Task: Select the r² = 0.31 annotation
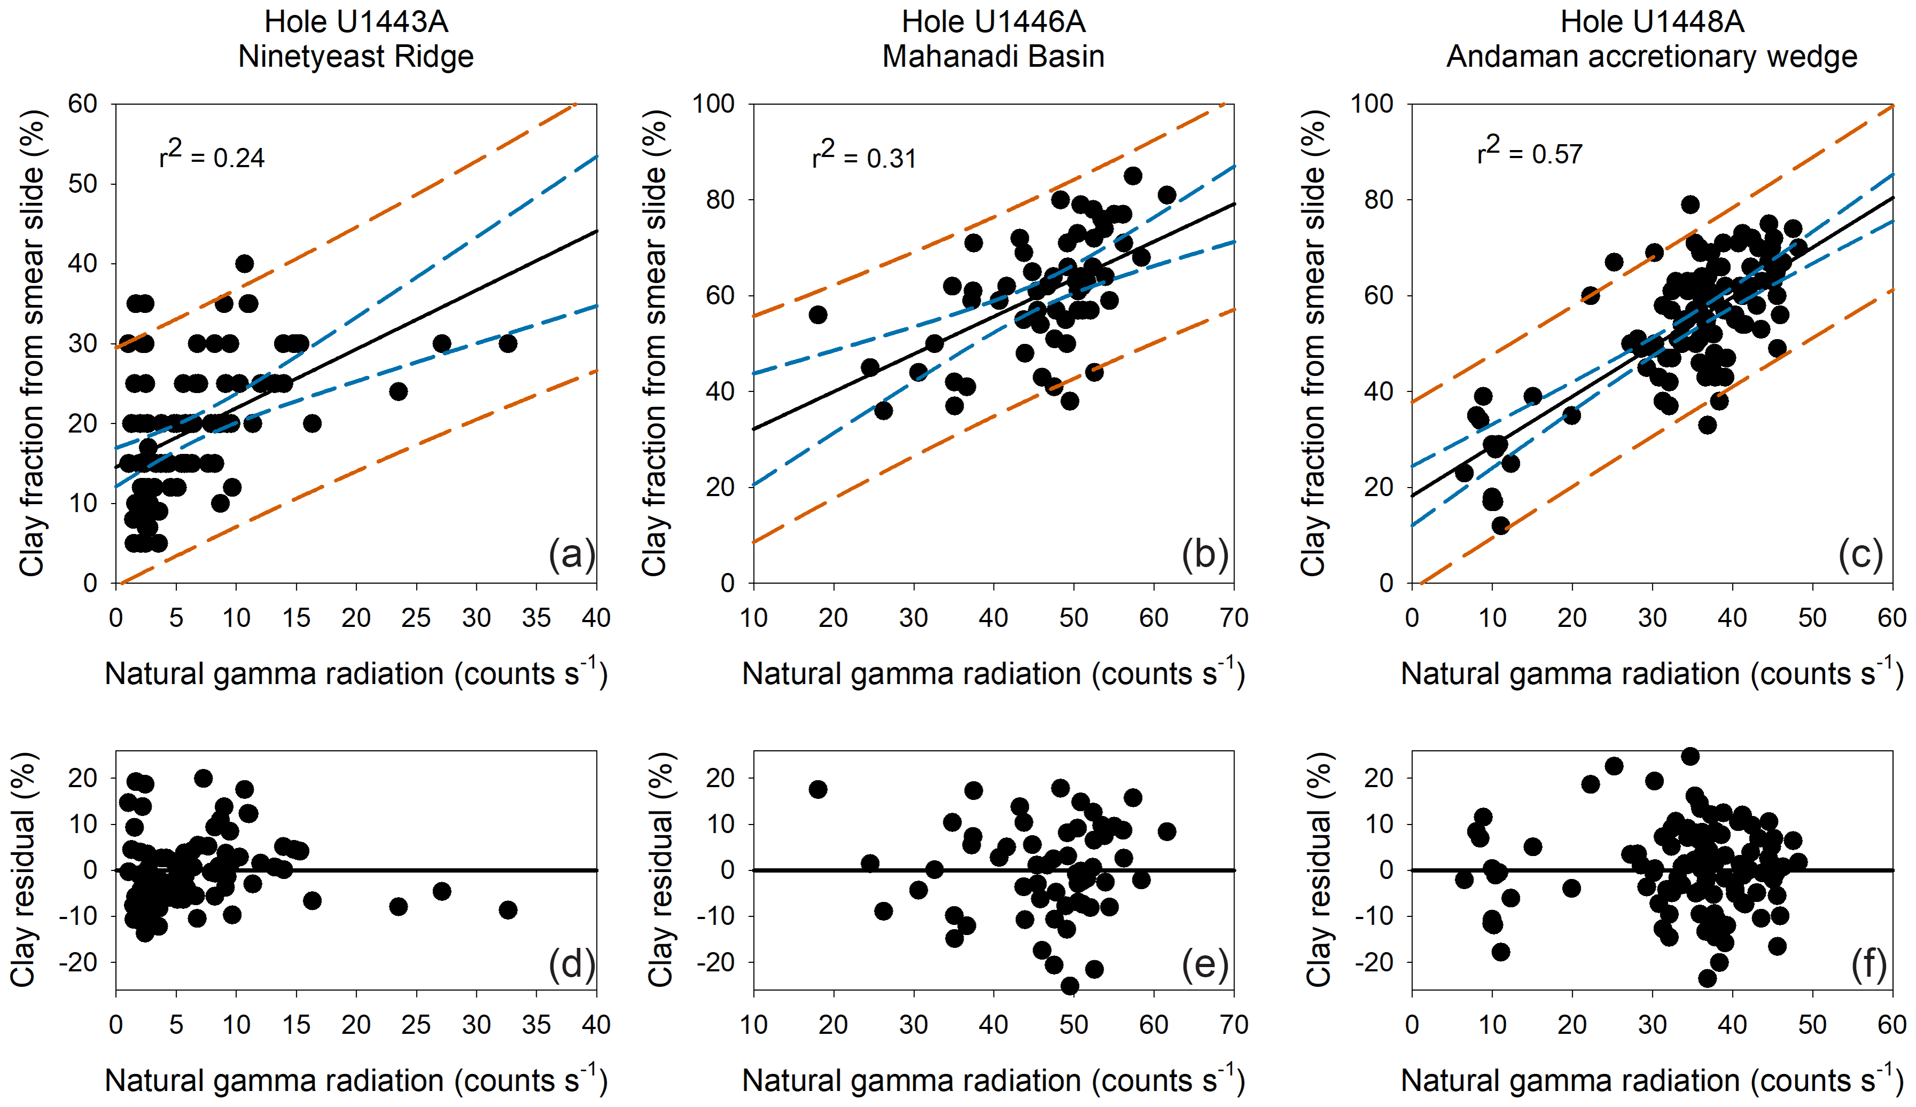[864, 156]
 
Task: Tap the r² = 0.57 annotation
[1529, 152]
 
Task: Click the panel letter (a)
[572, 554]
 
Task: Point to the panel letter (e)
[1205, 964]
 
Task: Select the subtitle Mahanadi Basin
[993, 56]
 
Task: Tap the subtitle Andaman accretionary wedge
[1652, 56]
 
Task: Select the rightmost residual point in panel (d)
[508, 910]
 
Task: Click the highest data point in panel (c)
[1690, 205]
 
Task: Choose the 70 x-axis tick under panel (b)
[1233, 617]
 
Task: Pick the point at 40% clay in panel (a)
[244, 264]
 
